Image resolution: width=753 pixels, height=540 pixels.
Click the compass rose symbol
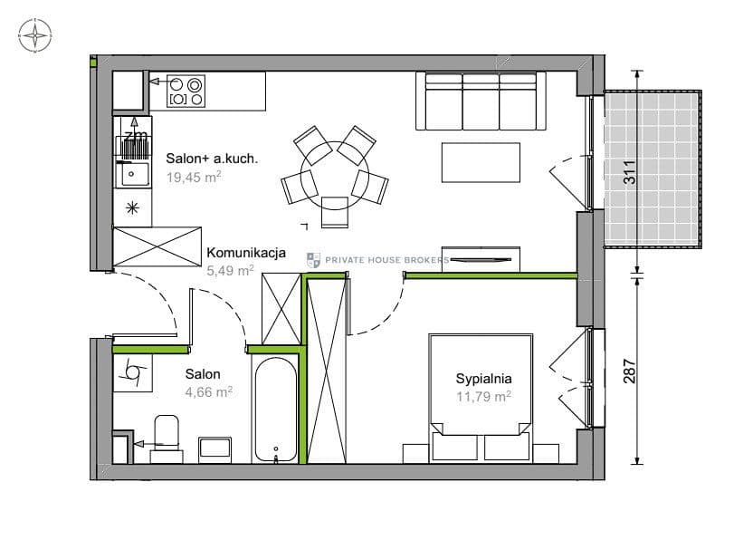[35, 34]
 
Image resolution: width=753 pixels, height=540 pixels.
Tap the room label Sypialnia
[483, 379]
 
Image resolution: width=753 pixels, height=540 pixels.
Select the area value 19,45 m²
[194, 177]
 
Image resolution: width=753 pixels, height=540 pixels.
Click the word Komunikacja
[246, 253]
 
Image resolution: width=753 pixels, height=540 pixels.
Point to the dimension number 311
[630, 171]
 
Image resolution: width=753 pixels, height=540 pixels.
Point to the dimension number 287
[630, 371]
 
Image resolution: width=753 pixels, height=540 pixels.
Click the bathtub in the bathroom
[275, 410]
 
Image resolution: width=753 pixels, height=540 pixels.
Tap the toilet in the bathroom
[167, 439]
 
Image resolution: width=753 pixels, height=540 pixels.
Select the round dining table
[335, 176]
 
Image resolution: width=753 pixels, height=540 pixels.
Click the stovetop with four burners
[186, 91]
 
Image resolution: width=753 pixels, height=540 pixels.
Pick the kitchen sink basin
[134, 174]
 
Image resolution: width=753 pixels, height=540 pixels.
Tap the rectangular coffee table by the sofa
[481, 162]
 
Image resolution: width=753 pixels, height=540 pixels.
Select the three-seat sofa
[481, 101]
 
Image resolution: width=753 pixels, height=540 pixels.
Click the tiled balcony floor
[652, 169]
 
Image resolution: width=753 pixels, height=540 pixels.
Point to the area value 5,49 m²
[230, 271]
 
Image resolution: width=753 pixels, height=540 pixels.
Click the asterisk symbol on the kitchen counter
[132, 208]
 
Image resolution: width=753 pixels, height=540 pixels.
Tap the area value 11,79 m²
[483, 397]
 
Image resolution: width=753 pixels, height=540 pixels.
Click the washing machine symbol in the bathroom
[132, 373]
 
